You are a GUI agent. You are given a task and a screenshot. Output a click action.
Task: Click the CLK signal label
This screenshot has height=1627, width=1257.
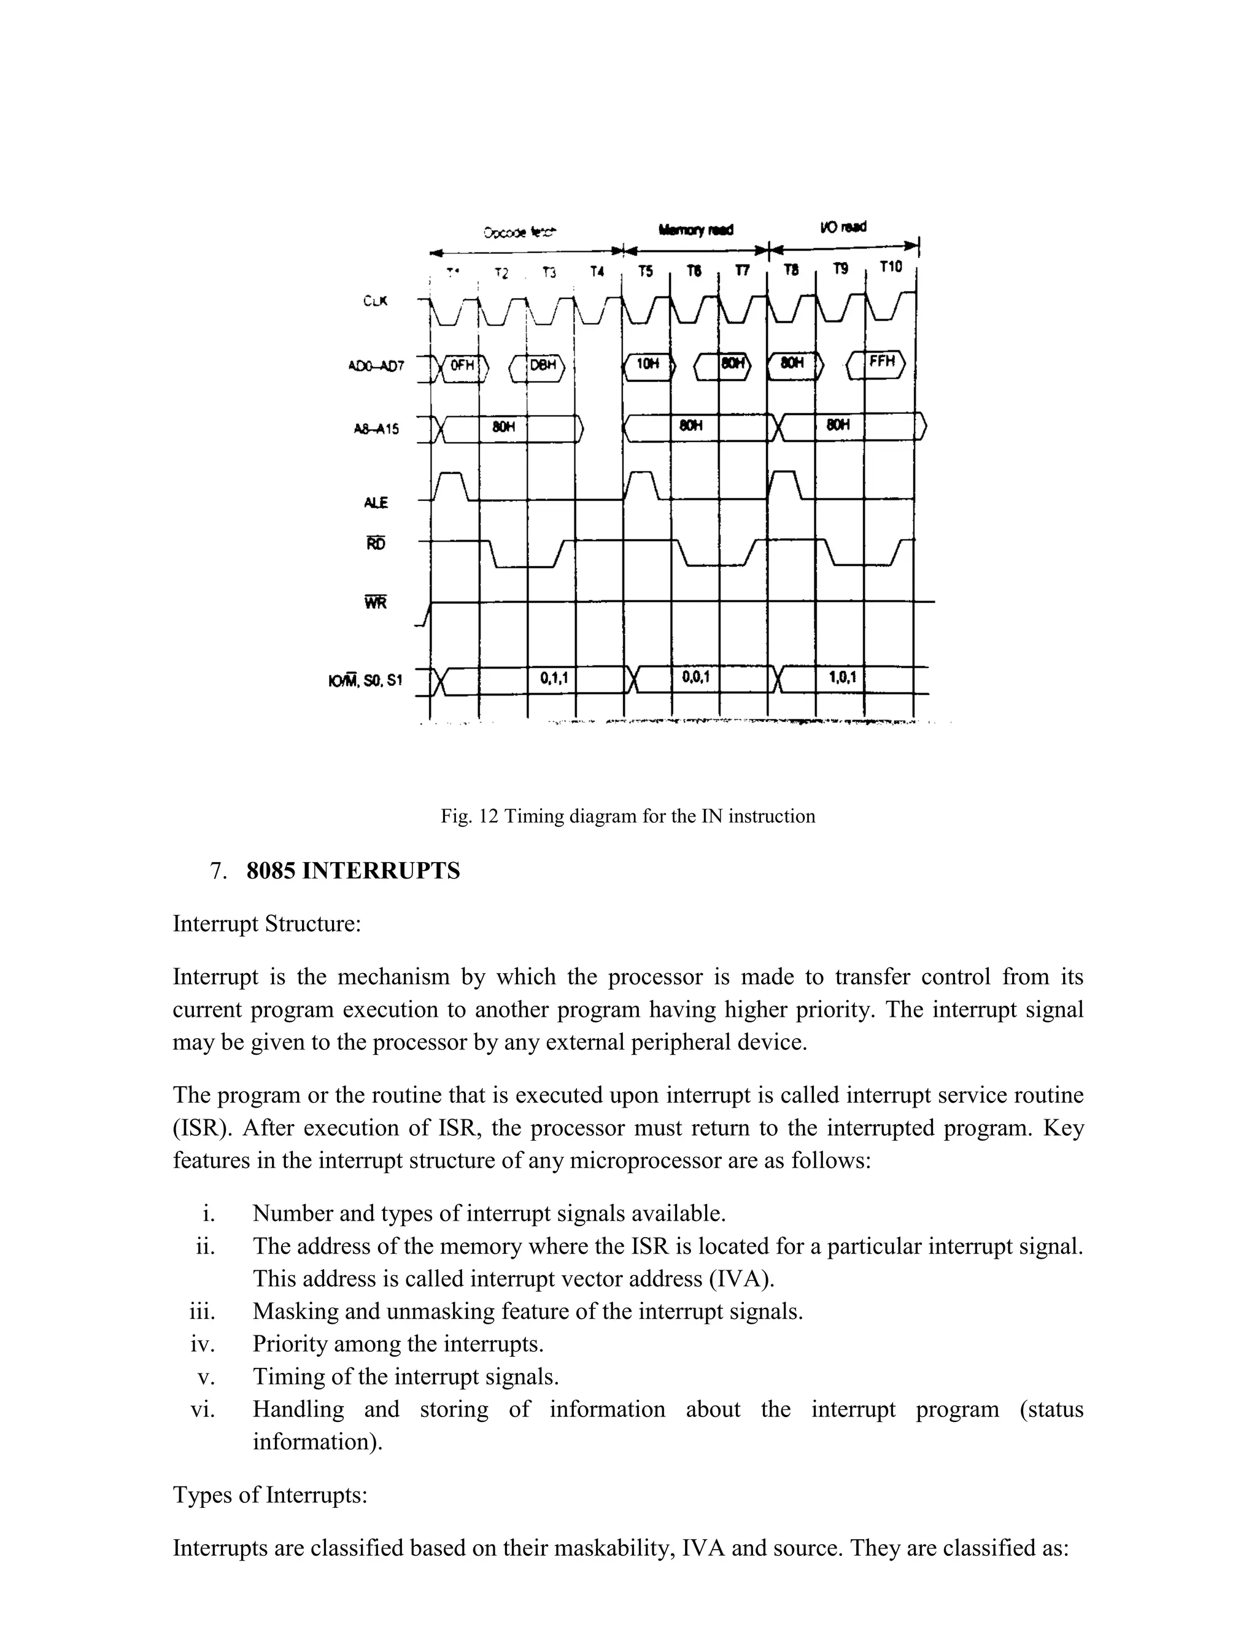tap(375, 301)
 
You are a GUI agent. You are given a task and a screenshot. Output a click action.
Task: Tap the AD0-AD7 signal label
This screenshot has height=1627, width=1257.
tap(376, 367)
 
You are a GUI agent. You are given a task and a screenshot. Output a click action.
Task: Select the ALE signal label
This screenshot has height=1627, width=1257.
tap(376, 503)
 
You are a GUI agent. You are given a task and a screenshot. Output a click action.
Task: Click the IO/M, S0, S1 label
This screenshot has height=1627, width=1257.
tap(365, 680)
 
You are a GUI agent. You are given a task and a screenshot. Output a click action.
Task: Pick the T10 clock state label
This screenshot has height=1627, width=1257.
tap(890, 266)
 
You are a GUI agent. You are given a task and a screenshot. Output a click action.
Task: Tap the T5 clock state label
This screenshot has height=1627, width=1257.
tap(646, 272)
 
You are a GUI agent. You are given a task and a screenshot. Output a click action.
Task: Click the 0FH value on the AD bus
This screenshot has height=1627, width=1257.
tap(462, 366)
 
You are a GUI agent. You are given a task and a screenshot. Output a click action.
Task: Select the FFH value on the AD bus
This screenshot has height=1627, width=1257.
tap(882, 363)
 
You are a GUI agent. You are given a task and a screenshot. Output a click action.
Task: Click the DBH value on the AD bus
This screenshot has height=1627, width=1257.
tap(543, 366)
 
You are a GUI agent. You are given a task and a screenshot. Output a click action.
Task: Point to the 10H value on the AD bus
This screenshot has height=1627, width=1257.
tap(647, 364)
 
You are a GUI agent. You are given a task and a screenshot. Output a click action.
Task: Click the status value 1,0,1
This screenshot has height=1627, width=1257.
tap(841, 677)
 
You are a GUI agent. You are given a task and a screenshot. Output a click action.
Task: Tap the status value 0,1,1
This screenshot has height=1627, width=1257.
tap(553, 678)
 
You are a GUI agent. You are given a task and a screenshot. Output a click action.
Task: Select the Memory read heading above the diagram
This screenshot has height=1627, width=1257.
tap(695, 230)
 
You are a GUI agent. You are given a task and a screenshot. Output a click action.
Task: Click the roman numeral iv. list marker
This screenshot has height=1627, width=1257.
tap(203, 1344)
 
